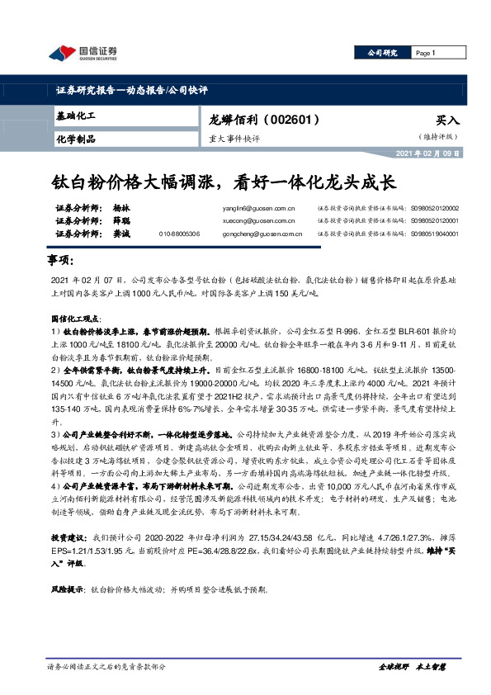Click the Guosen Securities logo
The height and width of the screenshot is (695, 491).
(x=83, y=54)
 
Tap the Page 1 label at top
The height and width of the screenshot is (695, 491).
(x=426, y=53)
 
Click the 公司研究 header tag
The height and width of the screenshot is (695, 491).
(x=382, y=53)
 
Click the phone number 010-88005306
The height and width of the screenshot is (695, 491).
(x=179, y=234)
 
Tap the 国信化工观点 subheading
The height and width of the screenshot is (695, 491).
(x=74, y=317)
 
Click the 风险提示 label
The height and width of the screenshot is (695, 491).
(x=69, y=591)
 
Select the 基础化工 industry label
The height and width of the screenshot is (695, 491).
(x=76, y=117)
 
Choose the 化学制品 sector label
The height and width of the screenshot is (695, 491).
(x=76, y=139)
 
